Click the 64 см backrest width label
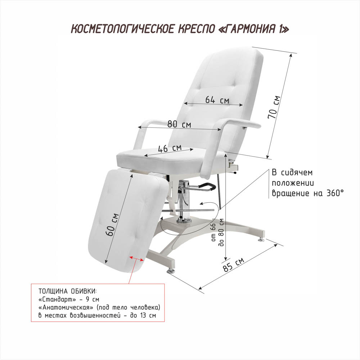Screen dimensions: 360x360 (217, 100)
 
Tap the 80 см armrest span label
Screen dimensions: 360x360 (179, 124)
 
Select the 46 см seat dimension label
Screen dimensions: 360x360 (170, 148)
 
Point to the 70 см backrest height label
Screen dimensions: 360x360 (274, 107)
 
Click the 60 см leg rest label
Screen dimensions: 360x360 (112, 225)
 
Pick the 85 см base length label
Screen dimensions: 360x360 (233, 265)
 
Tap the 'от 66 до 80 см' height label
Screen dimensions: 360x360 (217, 232)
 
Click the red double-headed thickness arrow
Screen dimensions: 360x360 (136, 258)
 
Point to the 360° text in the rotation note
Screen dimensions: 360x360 (335, 193)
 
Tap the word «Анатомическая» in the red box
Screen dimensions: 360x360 (66, 307)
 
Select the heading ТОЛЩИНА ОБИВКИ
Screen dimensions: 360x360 (68, 291)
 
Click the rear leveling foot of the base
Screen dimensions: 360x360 (261, 239)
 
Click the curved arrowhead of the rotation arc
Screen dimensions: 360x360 (202, 203)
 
